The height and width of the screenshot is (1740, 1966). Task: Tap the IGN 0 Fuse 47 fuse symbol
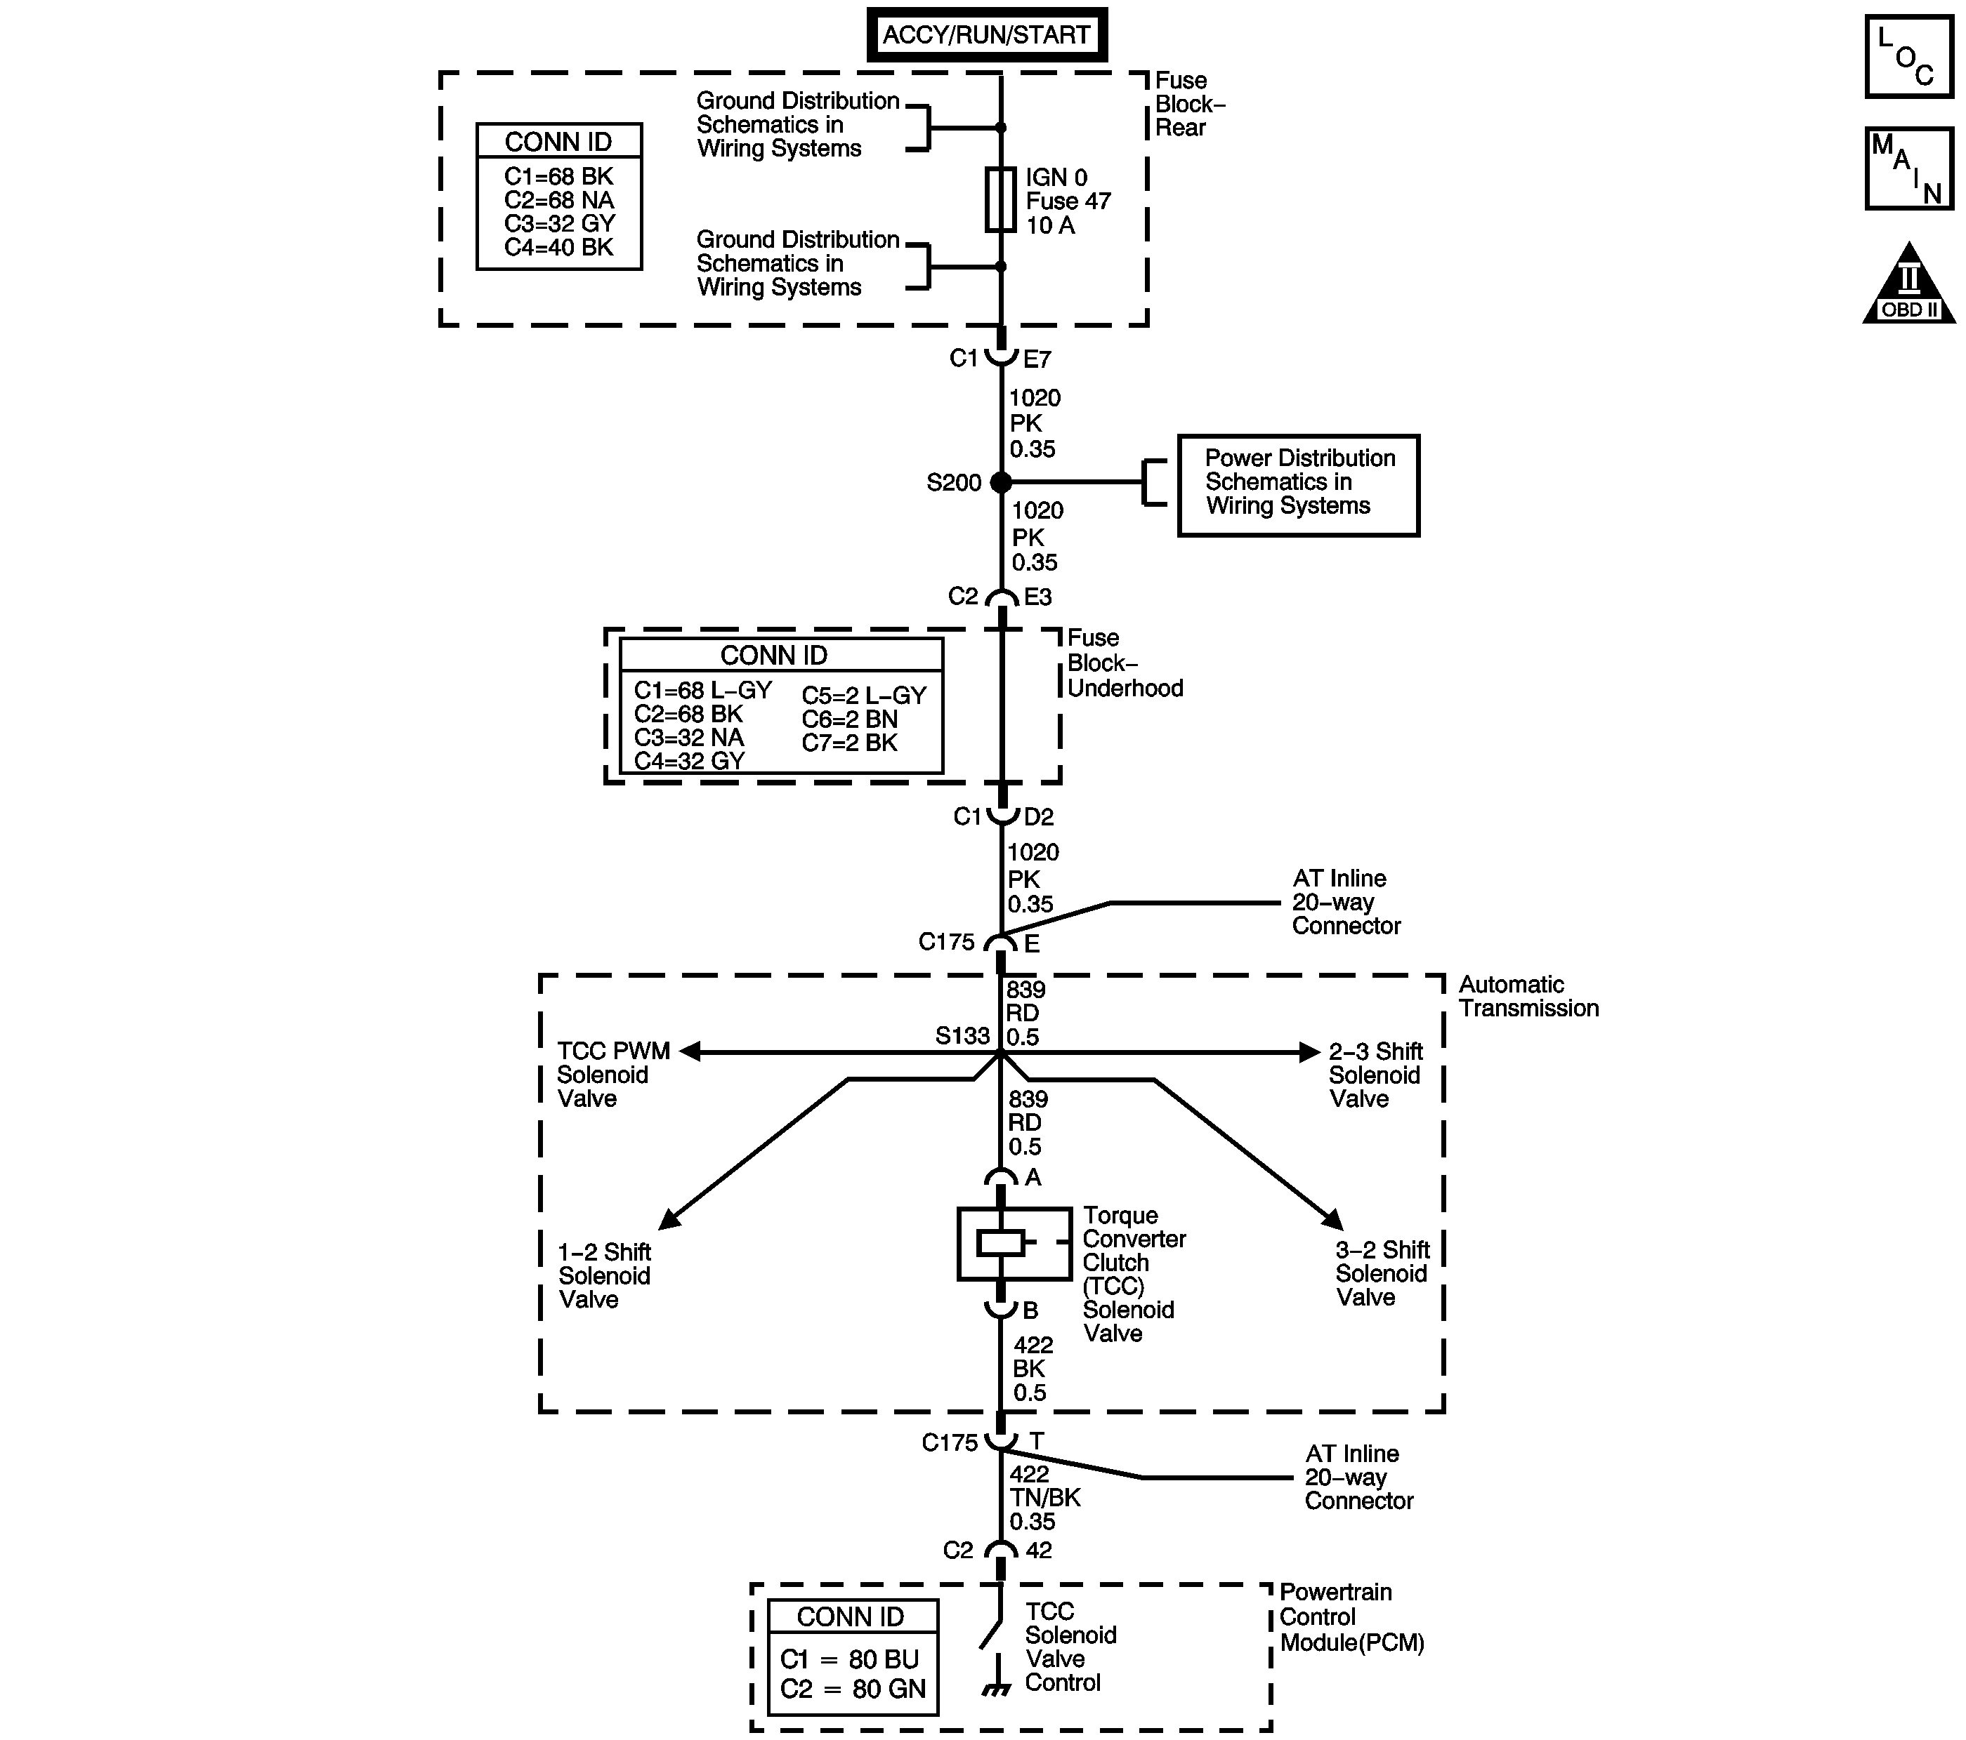pyautogui.click(x=1000, y=200)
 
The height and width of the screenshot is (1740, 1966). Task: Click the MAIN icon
pyautogui.click(x=1908, y=168)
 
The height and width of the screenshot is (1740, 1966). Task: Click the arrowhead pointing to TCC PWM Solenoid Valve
pyautogui.click(x=688, y=1051)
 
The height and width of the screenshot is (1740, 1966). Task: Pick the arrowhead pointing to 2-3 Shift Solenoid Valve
pyautogui.click(x=1309, y=1051)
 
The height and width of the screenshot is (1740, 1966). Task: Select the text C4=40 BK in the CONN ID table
pyautogui.click(x=558, y=247)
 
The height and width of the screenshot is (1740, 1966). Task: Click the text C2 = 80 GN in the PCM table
pyautogui.click(x=852, y=1689)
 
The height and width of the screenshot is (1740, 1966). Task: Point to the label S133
pyautogui.click(x=962, y=1035)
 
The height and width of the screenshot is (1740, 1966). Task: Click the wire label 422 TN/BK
pyautogui.click(x=1044, y=1498)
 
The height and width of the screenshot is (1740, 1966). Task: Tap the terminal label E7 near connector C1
pyautogui.click(x=1037, y=359)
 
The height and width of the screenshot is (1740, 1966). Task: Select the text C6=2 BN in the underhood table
pyautogui.click(x=849, y=719)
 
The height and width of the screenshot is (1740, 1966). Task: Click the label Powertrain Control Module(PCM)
pyautogui.click(x=1351, y=1617)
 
